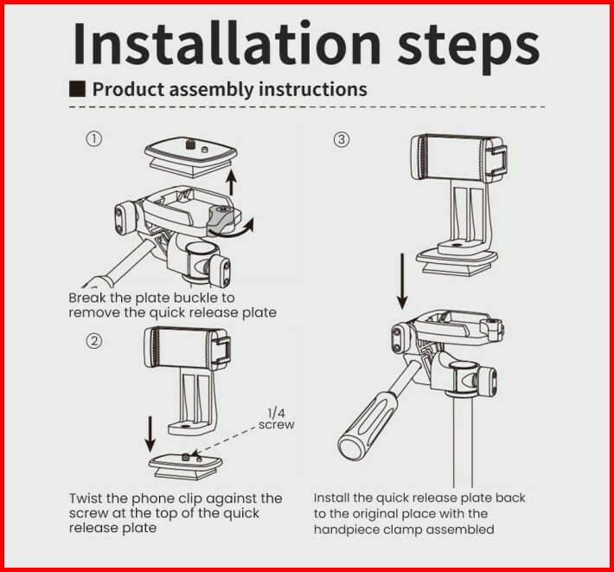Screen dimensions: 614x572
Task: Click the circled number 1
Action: [x=94, y=139]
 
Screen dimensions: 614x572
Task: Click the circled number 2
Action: [x=94, y=341]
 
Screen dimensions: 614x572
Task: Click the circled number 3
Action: [x=342, y=139]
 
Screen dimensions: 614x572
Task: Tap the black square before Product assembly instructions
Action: [x=77, y=89]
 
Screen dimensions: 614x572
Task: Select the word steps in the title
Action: [x=469, y=47]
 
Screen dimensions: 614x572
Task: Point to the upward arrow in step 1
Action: [x=232, y=182]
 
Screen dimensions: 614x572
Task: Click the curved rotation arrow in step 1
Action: [x=231, y=229]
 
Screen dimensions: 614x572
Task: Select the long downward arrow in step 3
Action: [x=402, y=281]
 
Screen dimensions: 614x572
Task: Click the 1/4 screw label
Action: [x=277, y=419]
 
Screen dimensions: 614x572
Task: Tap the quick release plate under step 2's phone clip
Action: [x=186, y=466]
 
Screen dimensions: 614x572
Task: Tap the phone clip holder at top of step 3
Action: [x=459, y=158]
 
